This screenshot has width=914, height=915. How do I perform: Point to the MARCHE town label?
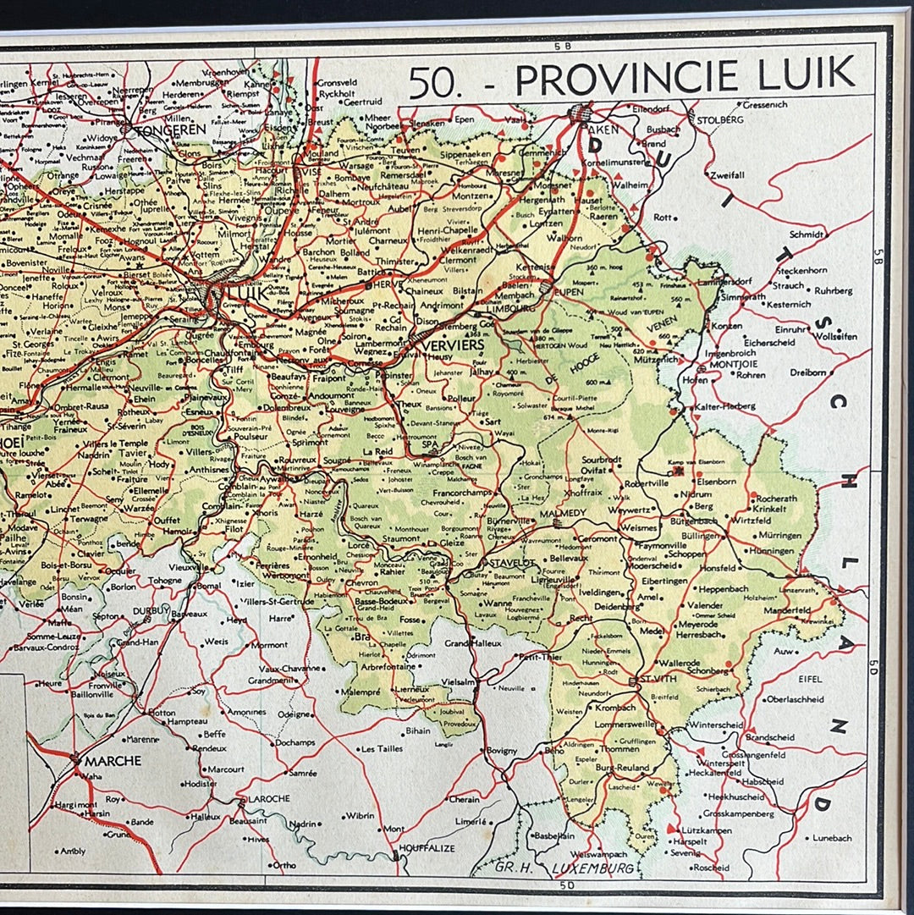(112, 760)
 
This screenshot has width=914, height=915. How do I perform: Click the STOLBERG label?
(719, 119)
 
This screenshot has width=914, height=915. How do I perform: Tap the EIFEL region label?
(810, 678)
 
